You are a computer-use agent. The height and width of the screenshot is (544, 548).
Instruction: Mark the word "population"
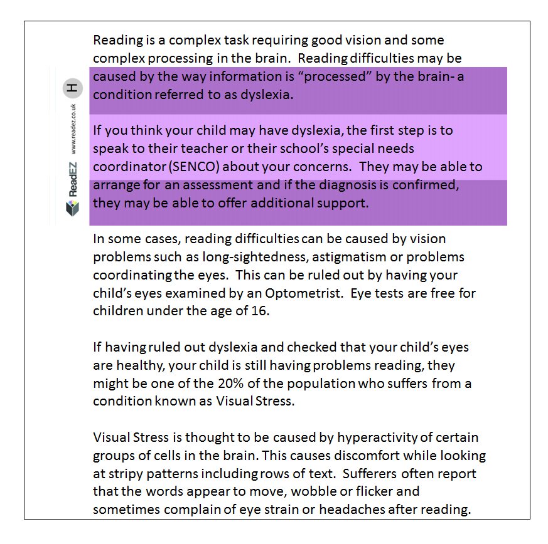pos(291,384)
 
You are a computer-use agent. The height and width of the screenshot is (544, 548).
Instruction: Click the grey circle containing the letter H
pos(73,88)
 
